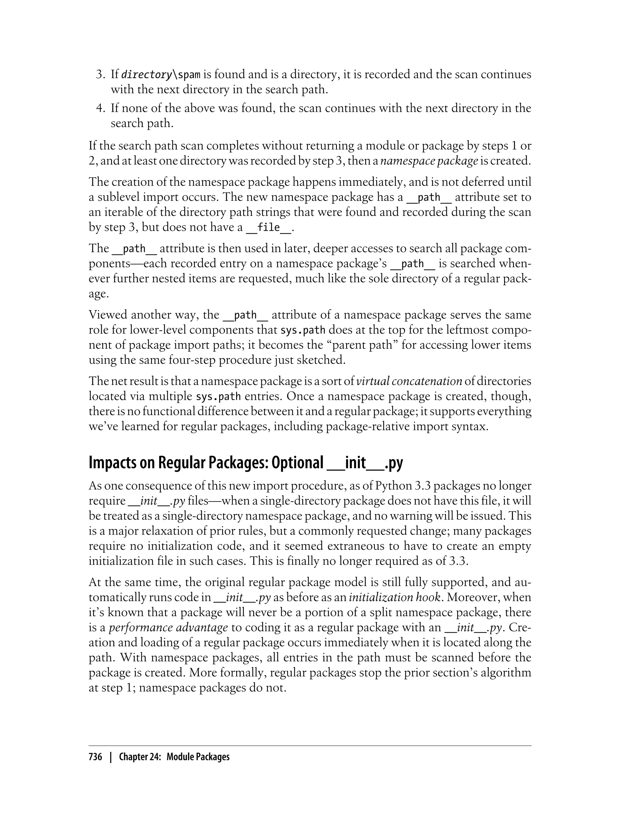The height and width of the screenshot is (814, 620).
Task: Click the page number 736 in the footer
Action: [95, 757]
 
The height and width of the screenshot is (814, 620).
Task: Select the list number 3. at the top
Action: [101, 74]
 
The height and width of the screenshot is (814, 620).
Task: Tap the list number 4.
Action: [101, 108]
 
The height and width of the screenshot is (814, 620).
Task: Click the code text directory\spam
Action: [160, 75]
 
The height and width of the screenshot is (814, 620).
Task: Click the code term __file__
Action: [269, 227]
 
